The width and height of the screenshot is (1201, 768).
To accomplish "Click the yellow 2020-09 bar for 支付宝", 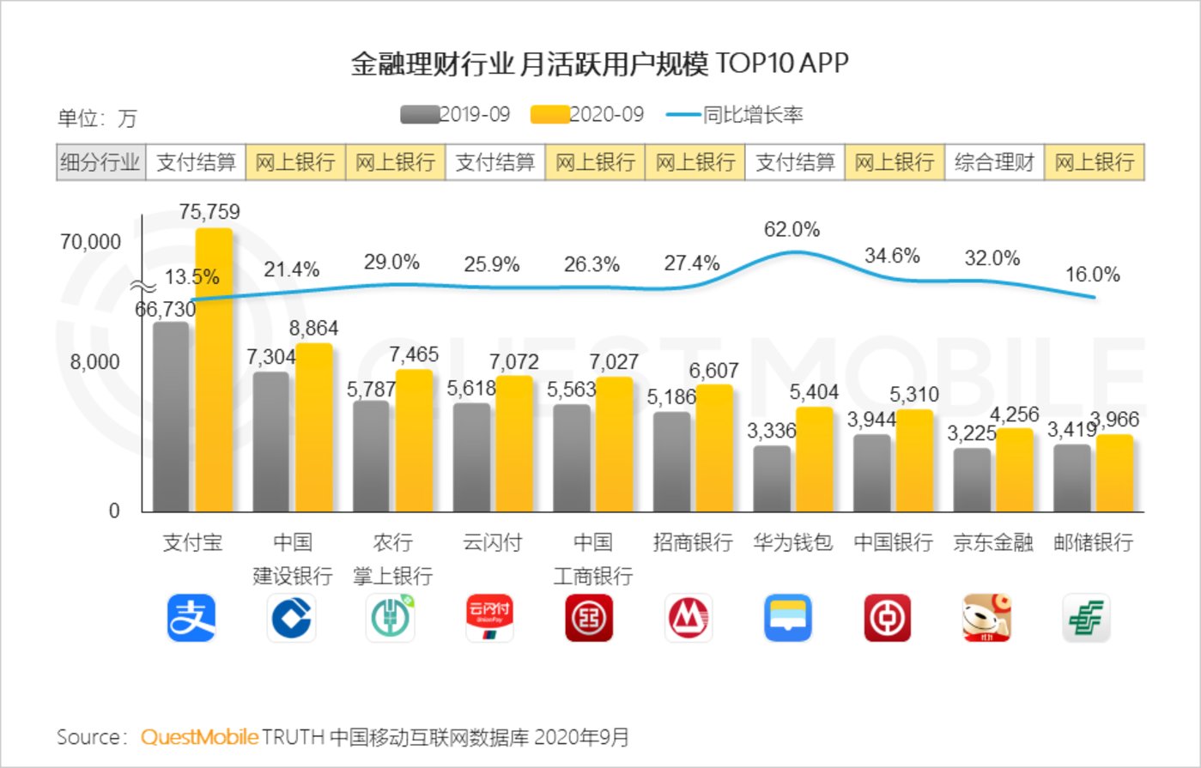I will (x=214, y=369).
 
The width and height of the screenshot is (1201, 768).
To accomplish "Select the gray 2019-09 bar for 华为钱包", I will (x=772, y=478).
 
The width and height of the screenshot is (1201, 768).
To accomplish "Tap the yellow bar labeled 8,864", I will (x=313, y=427).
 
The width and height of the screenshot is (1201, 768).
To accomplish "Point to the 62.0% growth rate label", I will (x=792, y=230).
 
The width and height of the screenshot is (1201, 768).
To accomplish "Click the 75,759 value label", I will (x=209, y=212).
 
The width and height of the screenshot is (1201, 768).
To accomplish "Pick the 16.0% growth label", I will (x=1092, y=275).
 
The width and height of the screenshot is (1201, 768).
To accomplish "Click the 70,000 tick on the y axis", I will (x=90, y=242).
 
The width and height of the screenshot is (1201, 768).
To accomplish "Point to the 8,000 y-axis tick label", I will (x=95, y=362).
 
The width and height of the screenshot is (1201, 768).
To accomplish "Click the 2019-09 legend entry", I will (x=456, y=115).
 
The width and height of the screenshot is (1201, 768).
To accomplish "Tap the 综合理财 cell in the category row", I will (x=994, y=162).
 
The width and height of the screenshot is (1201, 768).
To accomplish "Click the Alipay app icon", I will (x=191, y=618).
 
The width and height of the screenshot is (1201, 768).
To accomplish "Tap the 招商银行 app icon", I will (x=688, y=618).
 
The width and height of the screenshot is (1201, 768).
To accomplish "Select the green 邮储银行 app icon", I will (x=1086, y=618).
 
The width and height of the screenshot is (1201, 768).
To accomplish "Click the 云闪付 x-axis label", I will (x=493, y=542).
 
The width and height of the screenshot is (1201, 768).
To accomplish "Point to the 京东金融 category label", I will (x=993, y=542).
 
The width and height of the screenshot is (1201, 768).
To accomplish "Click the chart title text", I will (x=599, y=65).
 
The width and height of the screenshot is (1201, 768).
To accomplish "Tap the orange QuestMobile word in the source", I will (x=199, y=737).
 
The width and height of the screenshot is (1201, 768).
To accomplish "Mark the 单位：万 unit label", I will (x=96, y=118).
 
